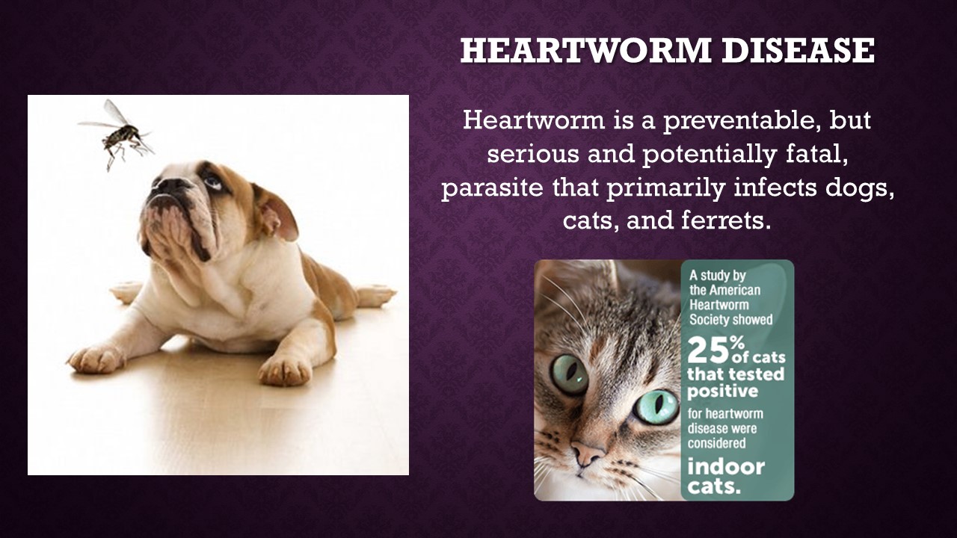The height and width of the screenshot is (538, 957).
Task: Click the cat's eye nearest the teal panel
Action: coord(656,406)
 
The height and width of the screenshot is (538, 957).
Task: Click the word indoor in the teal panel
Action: coord(726,467)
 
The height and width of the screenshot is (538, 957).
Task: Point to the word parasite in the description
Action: coord(492,188)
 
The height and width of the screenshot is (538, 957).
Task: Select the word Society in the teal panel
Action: coord(707,320)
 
